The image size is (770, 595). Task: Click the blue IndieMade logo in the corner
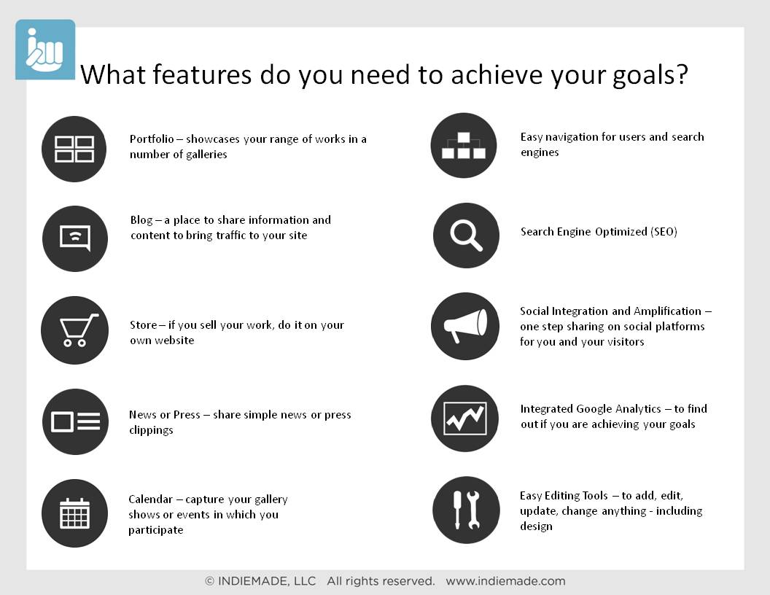coord(45,50)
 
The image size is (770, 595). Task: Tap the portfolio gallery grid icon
coord(74,149)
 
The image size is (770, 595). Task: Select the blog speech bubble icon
coord(74,238)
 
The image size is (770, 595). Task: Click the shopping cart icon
coord(74,330)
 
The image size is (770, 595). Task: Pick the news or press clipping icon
coord(75,421)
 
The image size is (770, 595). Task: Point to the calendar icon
coord(74,513)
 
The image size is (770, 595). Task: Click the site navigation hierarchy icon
coord(464,146)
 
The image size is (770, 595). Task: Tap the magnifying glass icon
coord(466,236)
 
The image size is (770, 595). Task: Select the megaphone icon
coord(465,327)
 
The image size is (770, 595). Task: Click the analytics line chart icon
coord(465,419)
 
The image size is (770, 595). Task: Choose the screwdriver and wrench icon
coord(466,510)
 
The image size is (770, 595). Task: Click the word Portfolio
coord(152,139)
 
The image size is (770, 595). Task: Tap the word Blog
coord(141,220)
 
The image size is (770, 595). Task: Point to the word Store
coord(144,325)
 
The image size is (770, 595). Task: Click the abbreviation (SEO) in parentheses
coord(664,232)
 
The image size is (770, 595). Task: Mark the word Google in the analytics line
coord(594,410)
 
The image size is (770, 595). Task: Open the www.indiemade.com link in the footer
coord(505,581)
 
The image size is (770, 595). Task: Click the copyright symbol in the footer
coord(210,581)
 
